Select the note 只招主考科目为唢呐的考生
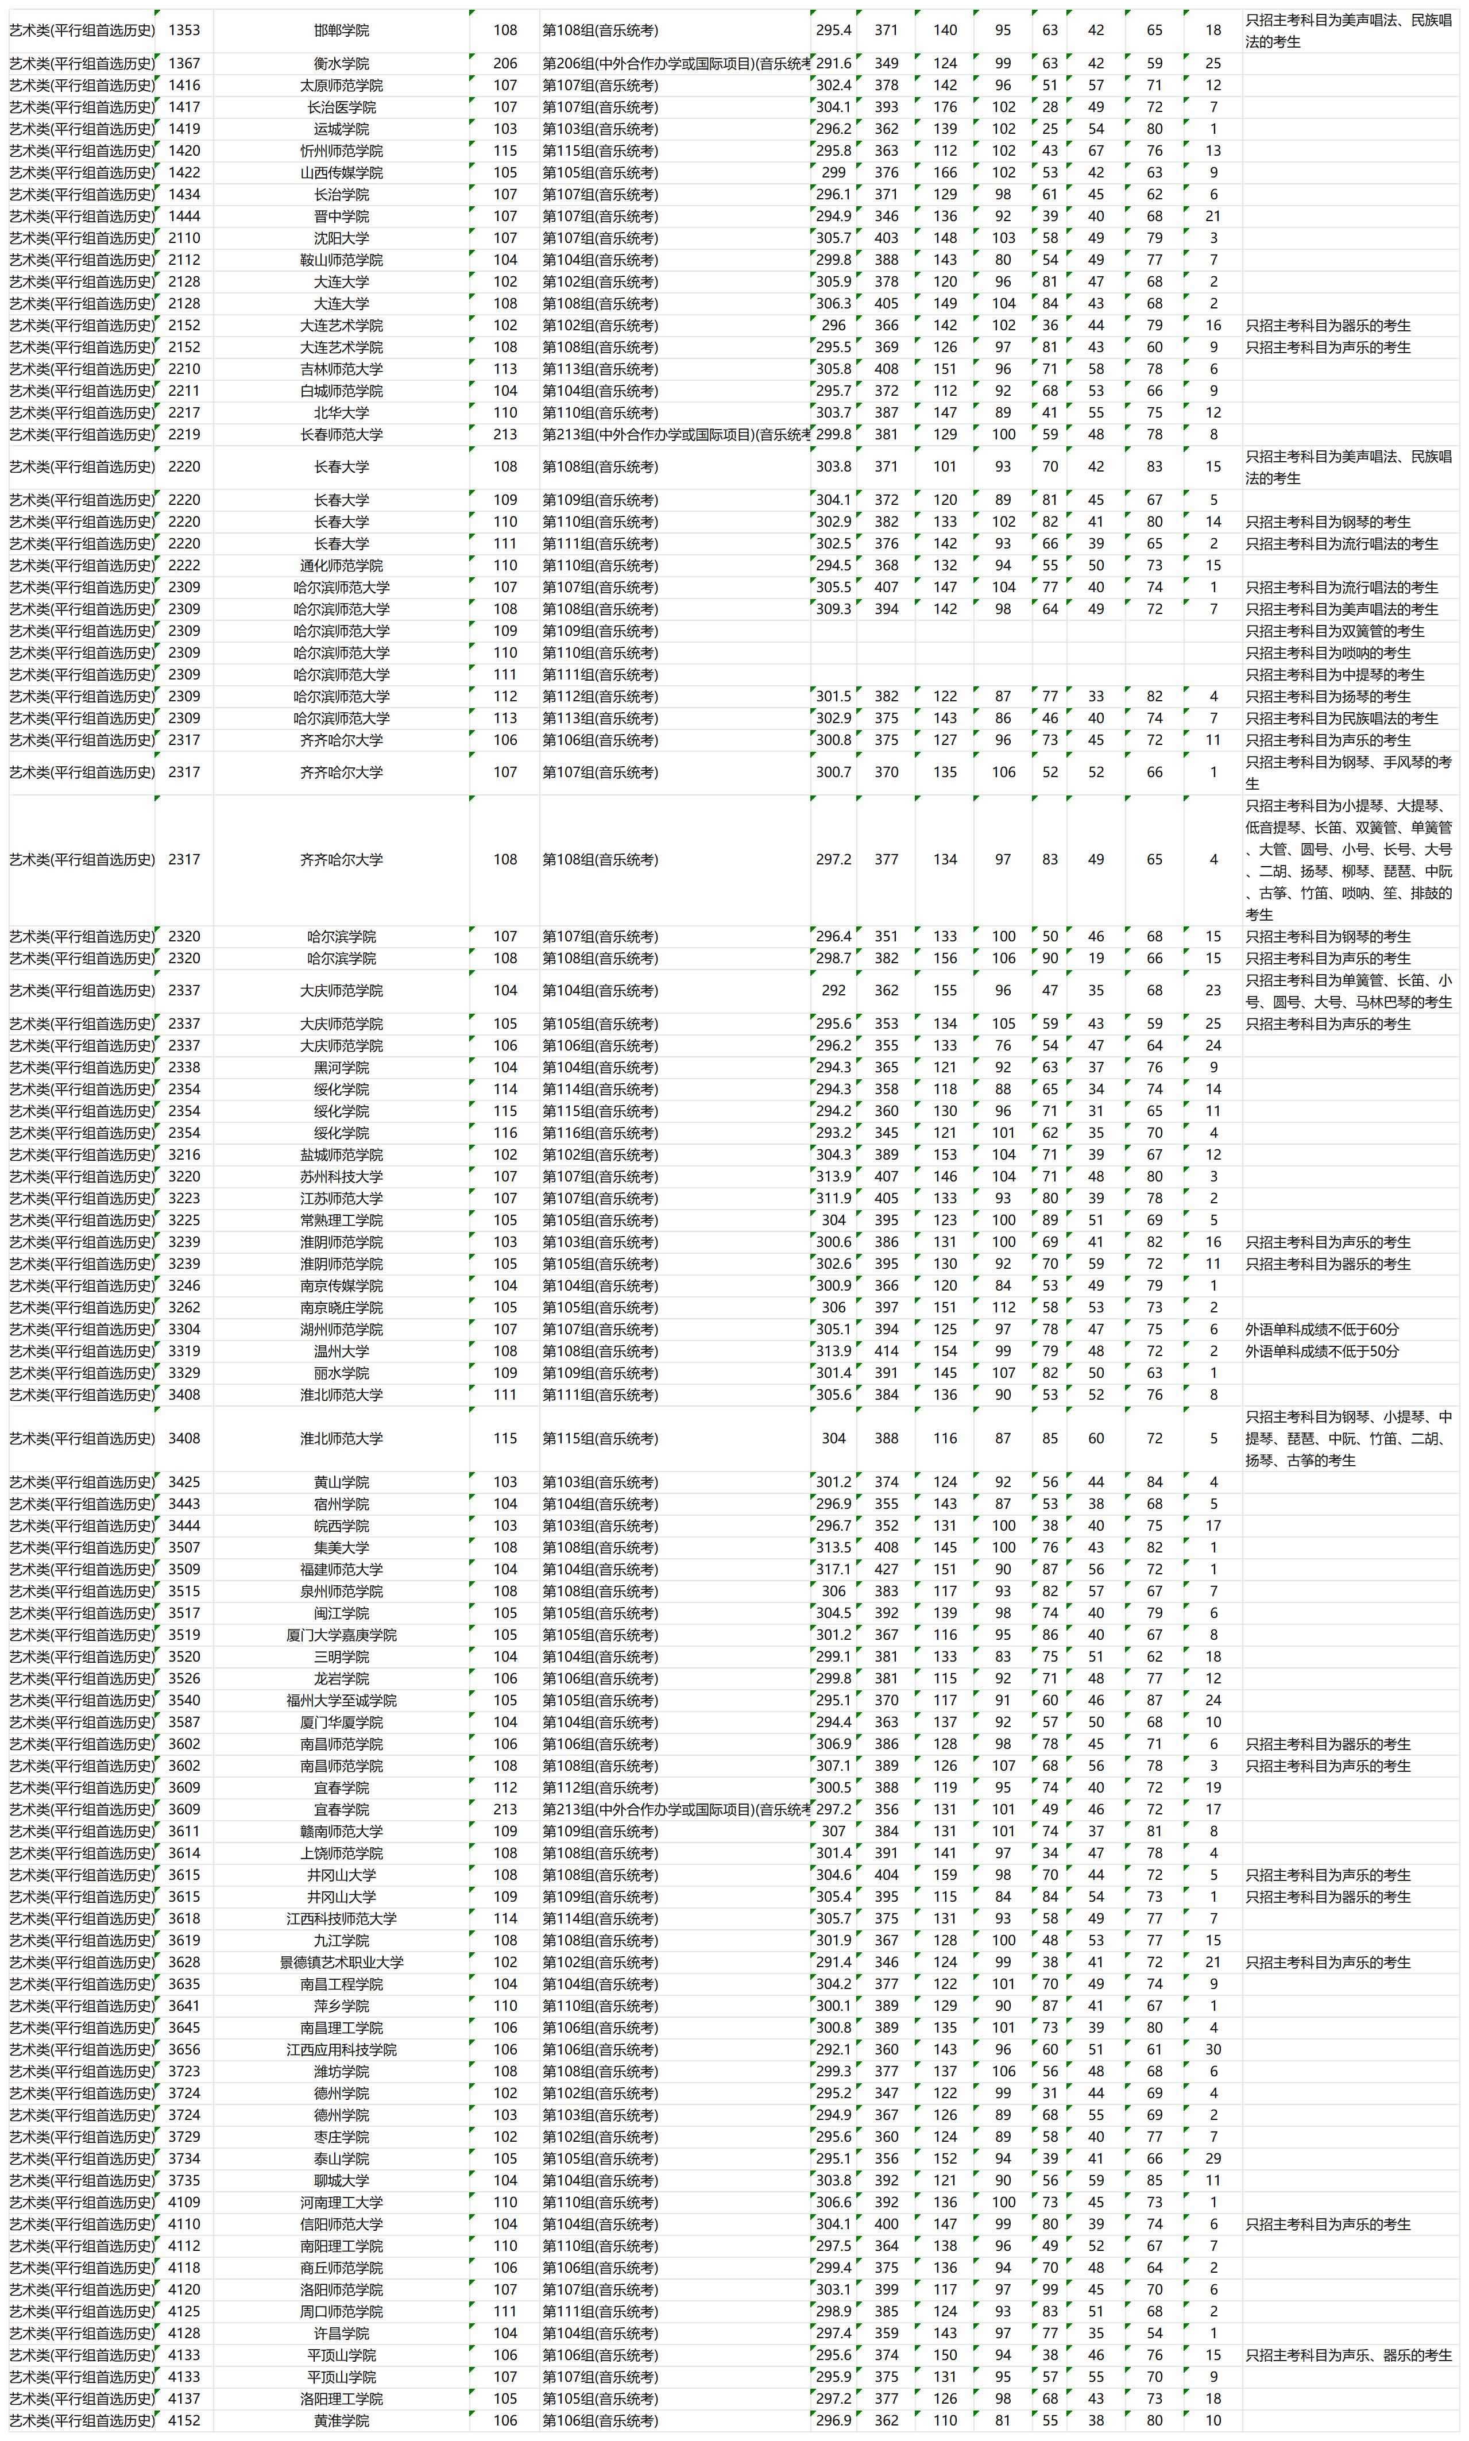click(x=1328, y=653)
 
